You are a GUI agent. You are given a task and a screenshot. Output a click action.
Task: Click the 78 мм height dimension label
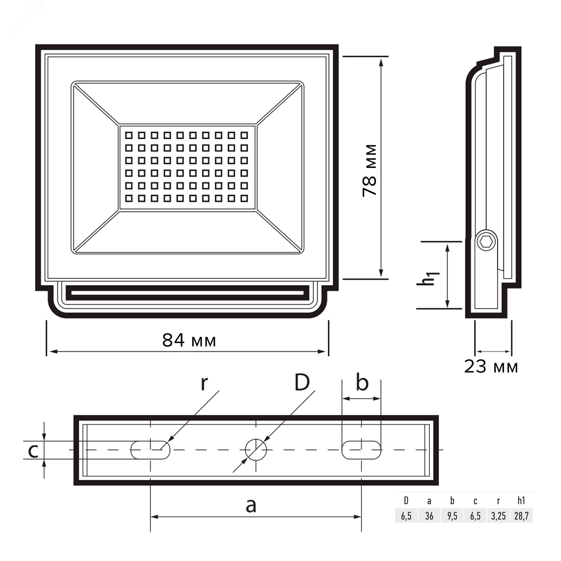point(370,171)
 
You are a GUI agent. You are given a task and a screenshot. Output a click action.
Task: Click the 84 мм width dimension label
point(189,340)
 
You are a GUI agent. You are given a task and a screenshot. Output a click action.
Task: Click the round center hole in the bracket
point(256,450)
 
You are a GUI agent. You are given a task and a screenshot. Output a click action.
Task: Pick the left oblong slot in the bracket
point(150,450)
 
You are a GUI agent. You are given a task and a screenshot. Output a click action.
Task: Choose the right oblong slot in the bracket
point(361,450)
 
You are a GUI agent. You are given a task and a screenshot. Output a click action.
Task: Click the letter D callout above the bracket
point(302,383)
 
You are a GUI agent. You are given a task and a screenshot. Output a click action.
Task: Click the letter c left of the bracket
point(33,451)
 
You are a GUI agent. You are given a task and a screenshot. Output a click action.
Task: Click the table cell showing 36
point(429,516)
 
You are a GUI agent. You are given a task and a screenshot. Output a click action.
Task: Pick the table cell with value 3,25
point(498,516)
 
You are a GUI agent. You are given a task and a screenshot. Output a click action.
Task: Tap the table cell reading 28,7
point(521,516)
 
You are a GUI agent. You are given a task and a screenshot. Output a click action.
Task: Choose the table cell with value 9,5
point(452,516)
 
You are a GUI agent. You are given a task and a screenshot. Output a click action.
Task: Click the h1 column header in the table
point(521,500)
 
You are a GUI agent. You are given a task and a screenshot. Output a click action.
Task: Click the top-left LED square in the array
point(129,135)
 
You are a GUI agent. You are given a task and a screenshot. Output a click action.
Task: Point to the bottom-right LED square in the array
point(245,198)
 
